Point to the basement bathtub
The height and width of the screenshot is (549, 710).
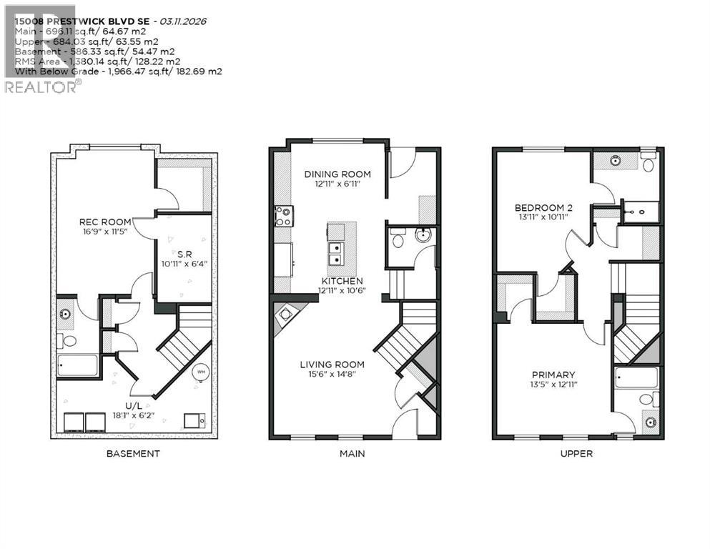[78, 365]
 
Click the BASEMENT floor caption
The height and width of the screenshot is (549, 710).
[133, 453]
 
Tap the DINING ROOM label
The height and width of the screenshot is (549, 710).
[337, 174]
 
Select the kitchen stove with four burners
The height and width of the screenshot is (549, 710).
[283, 215]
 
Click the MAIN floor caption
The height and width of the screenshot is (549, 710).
[354, 453]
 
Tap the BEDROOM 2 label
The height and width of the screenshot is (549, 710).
[544, 208]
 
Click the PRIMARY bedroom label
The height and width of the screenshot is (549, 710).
[553, 375]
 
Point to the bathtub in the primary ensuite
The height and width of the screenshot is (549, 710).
[636, 377]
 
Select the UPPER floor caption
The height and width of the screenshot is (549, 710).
[576, 453]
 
